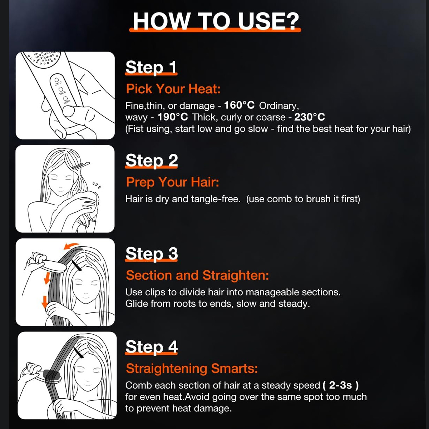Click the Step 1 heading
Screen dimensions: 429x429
pos(151,67)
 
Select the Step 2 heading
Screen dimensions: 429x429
pos(152,161)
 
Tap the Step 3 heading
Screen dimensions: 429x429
pos(152,253)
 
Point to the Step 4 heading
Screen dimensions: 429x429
pos(152,347)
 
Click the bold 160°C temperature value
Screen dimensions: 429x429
pos(239,105)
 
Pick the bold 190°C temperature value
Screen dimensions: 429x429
pos(173,117)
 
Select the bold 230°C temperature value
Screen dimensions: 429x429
pos(310,117)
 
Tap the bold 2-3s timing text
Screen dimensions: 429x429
pos(341,385)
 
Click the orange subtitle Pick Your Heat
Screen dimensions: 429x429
pos(173,89)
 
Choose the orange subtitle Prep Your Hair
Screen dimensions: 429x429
pos(173,182)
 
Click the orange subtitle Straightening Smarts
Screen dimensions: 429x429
pos(192,369)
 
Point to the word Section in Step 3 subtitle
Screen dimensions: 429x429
pos(149,275)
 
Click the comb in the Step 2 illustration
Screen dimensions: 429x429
pos(80,166)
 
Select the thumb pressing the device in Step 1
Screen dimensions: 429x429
pos(69,111)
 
